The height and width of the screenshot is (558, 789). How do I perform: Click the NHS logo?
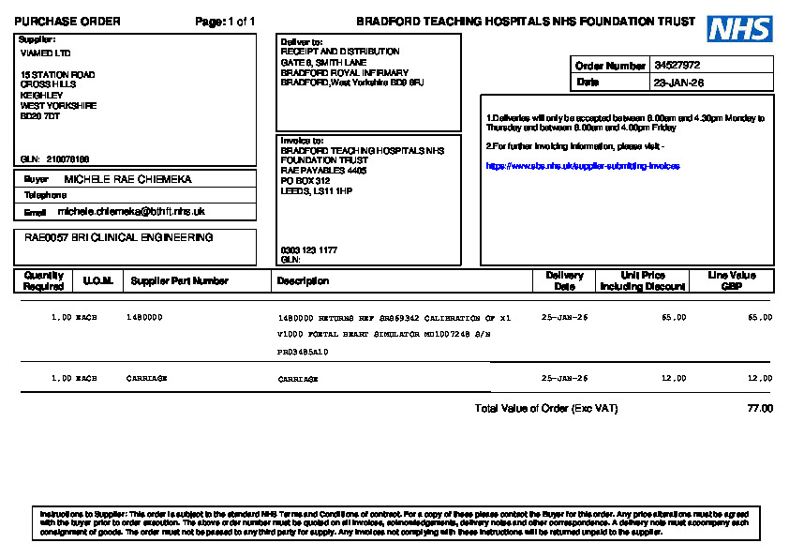point(739,29)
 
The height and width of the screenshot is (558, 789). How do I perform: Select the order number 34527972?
point(677,66)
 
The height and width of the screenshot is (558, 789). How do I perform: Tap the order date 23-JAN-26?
point(679,83)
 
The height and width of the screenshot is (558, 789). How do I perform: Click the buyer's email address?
point(131,212)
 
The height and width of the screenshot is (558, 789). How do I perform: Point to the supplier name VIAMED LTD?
point(45,53)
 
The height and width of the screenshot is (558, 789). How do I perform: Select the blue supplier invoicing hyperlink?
point(582,166)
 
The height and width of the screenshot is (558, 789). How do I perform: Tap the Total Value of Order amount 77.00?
point(760,409)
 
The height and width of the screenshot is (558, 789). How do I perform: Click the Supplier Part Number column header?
point(179,281)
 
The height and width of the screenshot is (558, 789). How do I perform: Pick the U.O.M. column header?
point(97,281)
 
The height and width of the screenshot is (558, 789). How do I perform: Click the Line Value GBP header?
point(732,280)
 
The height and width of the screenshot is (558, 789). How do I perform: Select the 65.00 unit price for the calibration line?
point(673,318)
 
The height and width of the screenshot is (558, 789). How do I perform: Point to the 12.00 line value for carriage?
point(760,379)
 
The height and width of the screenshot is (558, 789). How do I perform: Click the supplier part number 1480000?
point(144,318)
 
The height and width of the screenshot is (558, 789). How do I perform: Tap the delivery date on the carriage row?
point(564,379)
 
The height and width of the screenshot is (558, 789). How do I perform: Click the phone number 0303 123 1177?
point(309,250)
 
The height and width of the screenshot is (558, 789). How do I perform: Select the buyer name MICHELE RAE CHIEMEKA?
point(127,179)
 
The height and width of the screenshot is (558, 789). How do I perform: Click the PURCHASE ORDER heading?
point(67,22)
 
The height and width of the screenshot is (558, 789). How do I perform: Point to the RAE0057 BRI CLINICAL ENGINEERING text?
point(118,238)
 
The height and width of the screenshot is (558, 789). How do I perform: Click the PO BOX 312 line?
point(305,181)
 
